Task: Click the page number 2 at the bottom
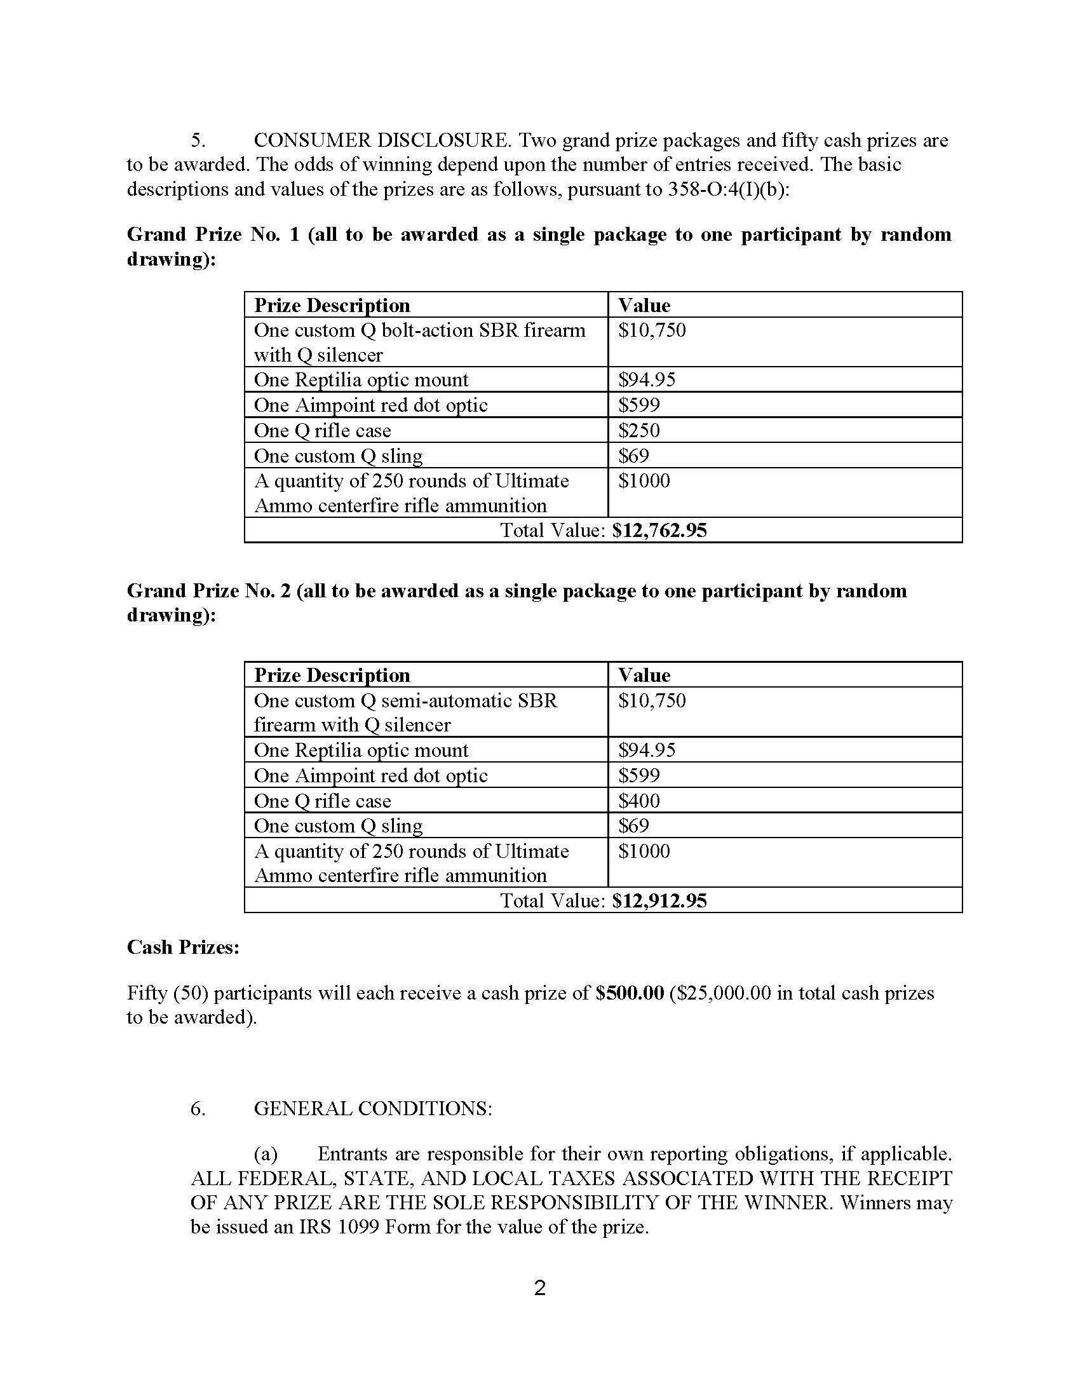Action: coord(539,1287)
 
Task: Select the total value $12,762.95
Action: coord(659,530)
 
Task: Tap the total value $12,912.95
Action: coord(659,900)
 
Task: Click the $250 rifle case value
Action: coord(639,430)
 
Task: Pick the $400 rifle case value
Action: coord(639,801)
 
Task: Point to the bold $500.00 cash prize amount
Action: coord(630,993)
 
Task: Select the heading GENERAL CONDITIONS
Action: coord(373,1108)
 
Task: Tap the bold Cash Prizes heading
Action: coord(183,947)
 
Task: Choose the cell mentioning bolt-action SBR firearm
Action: coord(420,343)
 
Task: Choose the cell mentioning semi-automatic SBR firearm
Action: coord(406,712)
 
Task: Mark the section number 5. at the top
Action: coord(198,140)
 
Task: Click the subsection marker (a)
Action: coord(266,1154)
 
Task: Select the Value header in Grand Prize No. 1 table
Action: coord(644,305)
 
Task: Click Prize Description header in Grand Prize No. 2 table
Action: coord(332,675)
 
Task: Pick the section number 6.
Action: coord(198,1108)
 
